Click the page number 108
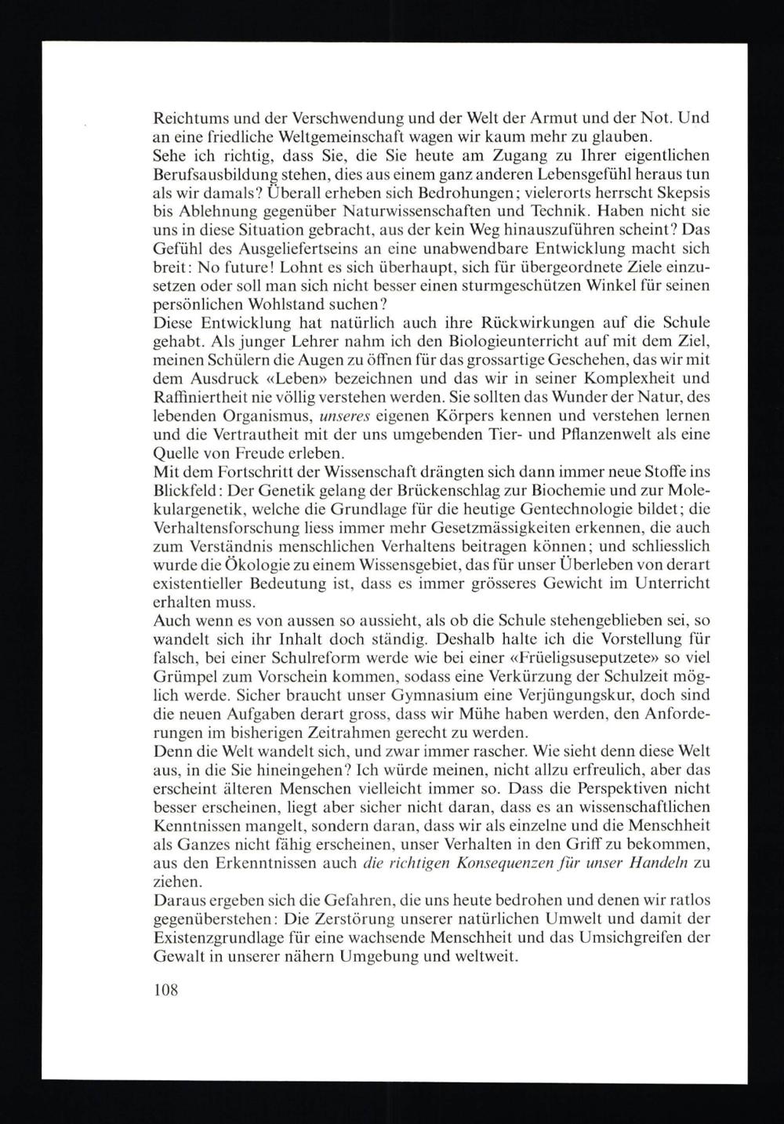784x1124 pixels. tap(166, 989)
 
